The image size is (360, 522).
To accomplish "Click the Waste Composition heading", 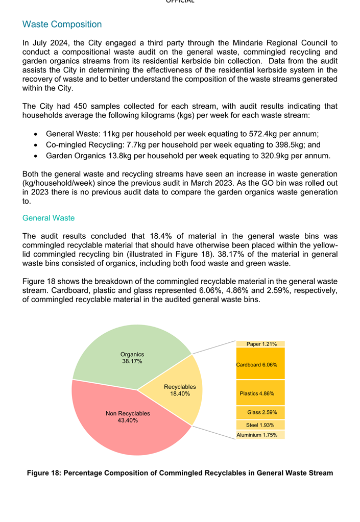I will [62, 24].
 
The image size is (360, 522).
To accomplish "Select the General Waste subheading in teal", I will [49, 218].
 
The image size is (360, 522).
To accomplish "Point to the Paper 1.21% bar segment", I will [260, 344].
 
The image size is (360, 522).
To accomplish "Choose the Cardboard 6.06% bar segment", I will [260, 364].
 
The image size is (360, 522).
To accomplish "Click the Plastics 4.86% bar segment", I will [260, 393].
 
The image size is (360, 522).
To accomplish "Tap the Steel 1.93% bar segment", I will [260, 425].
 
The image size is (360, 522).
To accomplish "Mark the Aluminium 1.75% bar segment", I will [260, 435].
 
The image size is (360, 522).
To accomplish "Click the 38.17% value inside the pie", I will [132, 361].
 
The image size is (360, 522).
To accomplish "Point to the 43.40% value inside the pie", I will [128, 420].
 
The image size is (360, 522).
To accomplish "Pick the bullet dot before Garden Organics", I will [35, 156].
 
